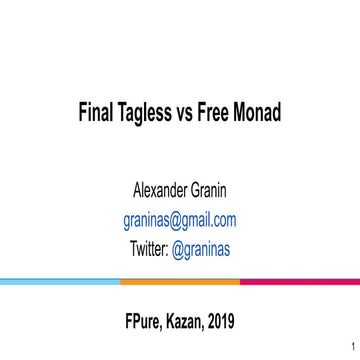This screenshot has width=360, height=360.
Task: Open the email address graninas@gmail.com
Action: click(180, 220)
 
